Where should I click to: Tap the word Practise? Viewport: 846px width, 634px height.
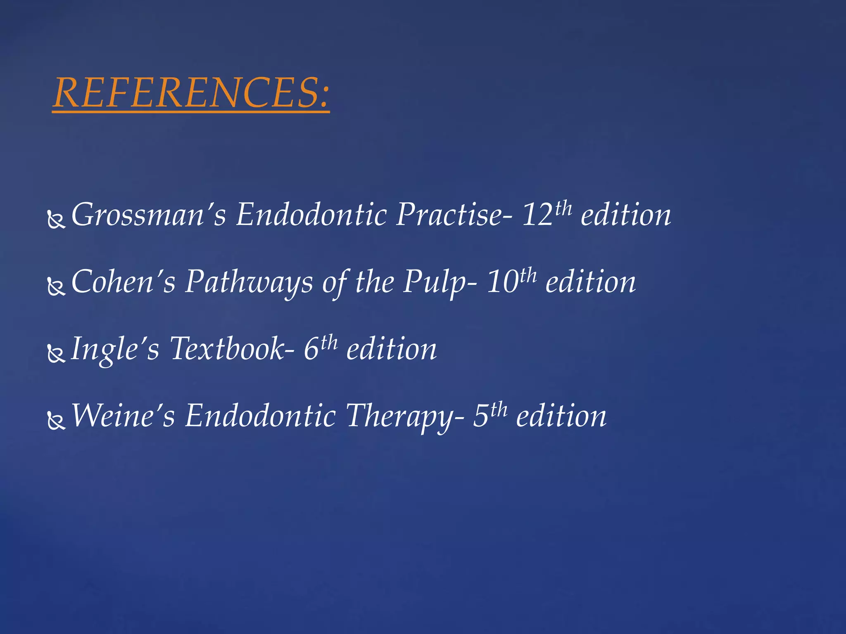pyautogui.click(x=449, y=215)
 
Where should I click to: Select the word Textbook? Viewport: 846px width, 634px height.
pyautogui.click(x=228, y=349)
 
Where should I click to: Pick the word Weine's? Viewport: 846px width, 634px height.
pyautogui.click(x=124, y=416)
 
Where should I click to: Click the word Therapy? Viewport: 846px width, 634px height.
pyautogui.click(x=399, y=416)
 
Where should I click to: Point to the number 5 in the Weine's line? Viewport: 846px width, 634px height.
pyautogui.click(x=481, y=416)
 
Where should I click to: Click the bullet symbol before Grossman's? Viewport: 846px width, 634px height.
pyautogui.click(x=56, y=220)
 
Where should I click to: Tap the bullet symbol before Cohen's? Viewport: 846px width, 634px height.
pyautogui.click(x=56, y=287)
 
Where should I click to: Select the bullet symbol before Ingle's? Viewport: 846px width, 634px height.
pyautogui.click(x=56, y=354)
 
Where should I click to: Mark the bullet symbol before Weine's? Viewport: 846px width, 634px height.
pyautogui.click(x=56, y=421)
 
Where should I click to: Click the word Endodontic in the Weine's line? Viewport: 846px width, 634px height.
pyautogui.click(x=260, y=416)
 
